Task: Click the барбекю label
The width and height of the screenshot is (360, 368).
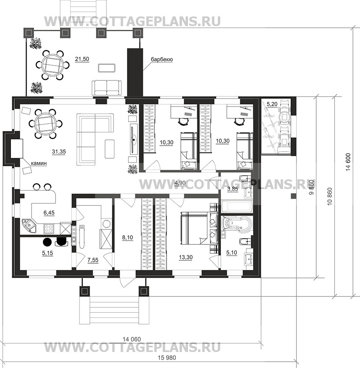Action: (162, 60)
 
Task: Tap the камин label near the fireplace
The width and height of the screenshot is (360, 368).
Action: (39, 163)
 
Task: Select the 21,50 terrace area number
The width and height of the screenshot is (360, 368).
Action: (82, 59)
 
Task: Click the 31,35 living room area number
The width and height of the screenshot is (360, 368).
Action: (59, 152)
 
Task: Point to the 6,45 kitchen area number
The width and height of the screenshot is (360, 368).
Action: (49, 213)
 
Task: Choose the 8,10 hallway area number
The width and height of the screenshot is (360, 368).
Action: (127, 237)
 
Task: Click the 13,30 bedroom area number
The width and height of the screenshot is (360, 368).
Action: (185, 257)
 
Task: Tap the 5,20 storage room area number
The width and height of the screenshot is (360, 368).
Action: (272, 104)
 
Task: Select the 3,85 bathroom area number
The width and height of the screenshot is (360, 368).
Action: (233, 189)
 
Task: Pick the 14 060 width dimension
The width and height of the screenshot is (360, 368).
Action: (132, 339)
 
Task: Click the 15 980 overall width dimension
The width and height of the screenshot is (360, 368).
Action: (167, 357)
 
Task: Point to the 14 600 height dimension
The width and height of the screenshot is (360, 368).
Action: (348, 162)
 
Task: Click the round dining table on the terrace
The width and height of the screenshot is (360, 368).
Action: (53, 64)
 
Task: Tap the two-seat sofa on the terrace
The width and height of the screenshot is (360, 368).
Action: (107, 88)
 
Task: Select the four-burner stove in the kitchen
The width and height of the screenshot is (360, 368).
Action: (49, 229)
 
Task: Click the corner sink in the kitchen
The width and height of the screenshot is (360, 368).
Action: (28, 225)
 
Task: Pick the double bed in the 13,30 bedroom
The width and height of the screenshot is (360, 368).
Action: (199, 229)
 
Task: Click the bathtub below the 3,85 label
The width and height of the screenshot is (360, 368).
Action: (237, 206)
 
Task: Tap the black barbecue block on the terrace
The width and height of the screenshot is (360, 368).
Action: (135, 72)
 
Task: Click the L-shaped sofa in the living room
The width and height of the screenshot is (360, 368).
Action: (94, 139)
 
